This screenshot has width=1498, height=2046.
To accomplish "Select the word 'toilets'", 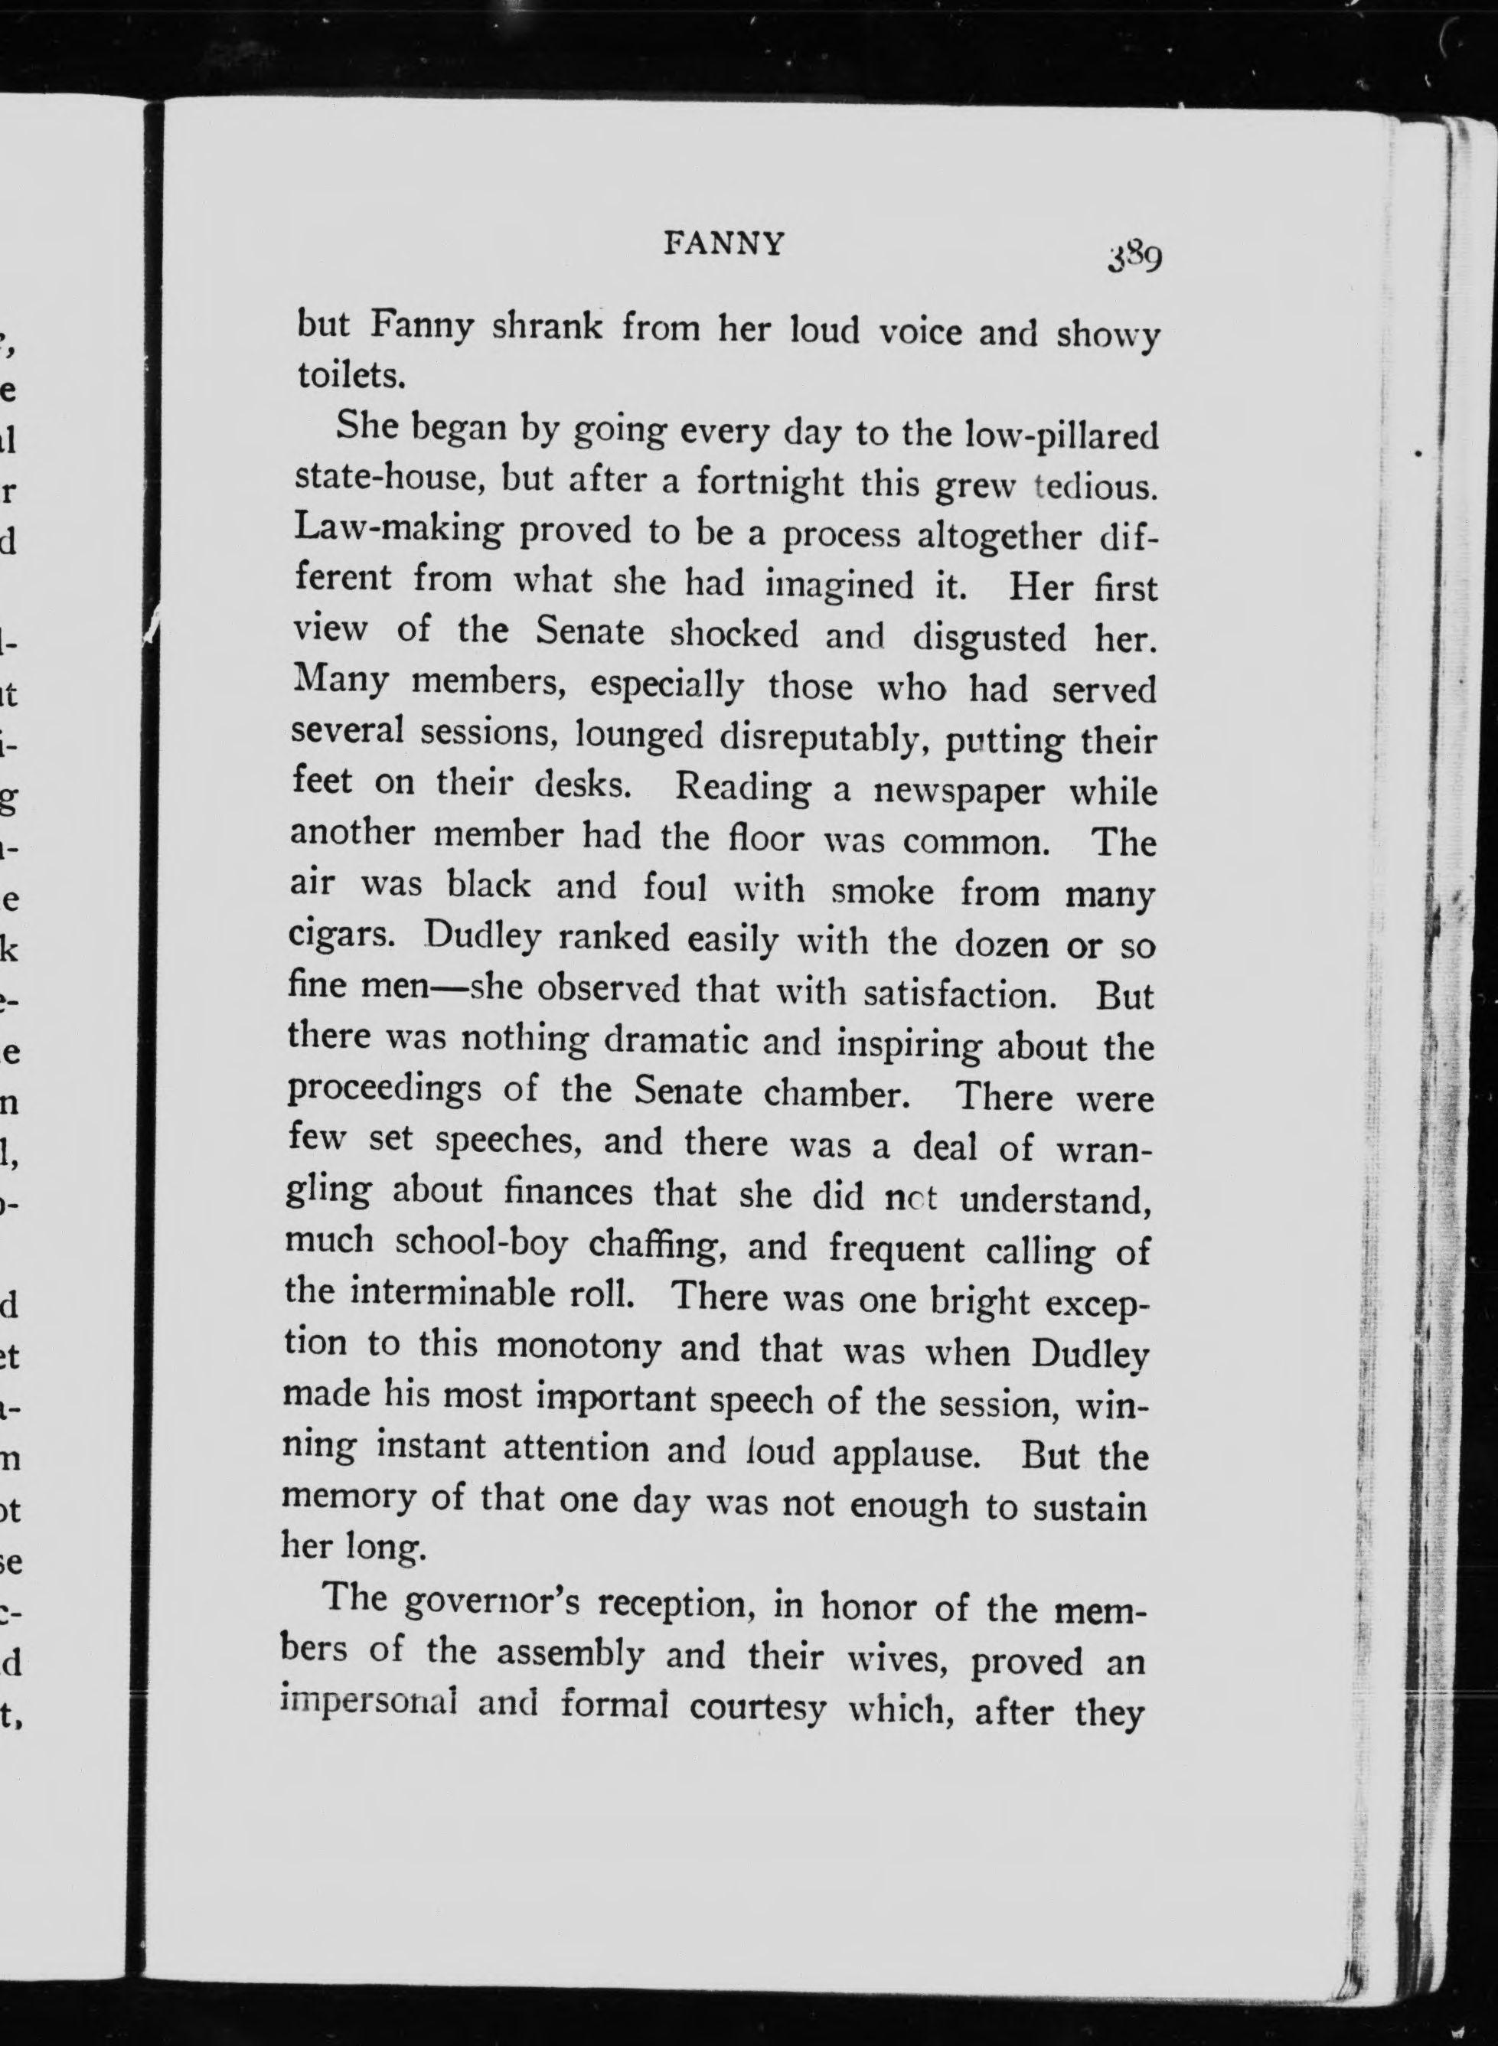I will pyautogui.click(x=349, y=375).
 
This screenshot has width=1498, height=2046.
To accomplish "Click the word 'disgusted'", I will pyautogui.click(x=989, y=638).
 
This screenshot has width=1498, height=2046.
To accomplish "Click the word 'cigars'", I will pyautogui.click(x=340, y=936).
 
